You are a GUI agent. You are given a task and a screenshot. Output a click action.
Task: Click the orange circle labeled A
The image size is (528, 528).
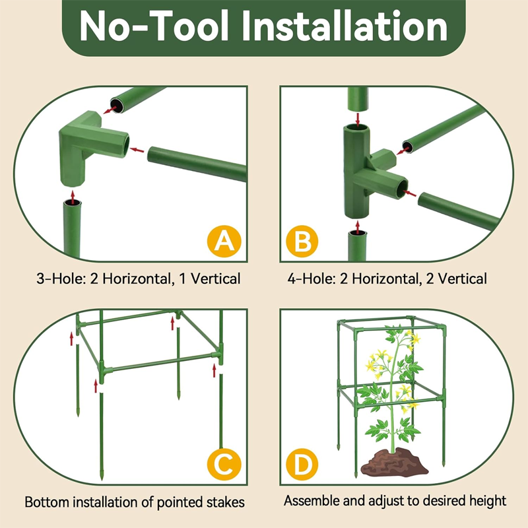225,242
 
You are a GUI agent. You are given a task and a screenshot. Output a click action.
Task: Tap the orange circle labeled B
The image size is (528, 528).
302,242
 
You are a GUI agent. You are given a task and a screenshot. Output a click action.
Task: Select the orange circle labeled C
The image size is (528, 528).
225,465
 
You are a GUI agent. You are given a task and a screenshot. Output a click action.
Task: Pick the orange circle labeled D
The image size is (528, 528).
302,465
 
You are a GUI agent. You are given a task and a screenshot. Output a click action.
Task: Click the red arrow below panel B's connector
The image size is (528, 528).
358,226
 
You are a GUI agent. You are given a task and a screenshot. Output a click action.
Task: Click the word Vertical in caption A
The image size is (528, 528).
216,279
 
